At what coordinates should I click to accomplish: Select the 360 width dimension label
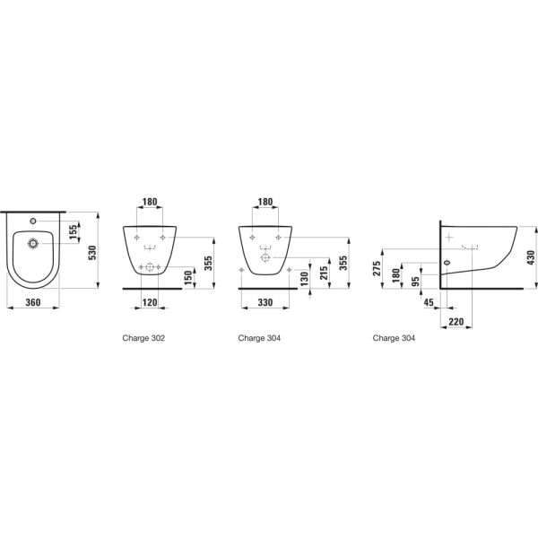[x=33, y=303]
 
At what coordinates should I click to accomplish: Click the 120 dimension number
[x=150, y=303]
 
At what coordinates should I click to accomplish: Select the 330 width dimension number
[x=266, y=303]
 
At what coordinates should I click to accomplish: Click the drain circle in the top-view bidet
[x=34, y=243]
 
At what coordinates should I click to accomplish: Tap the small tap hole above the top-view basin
[x=34, y=219]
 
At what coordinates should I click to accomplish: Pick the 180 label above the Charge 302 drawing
[x=150, y=204]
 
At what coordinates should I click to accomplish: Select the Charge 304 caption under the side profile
[x=394, y=339]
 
